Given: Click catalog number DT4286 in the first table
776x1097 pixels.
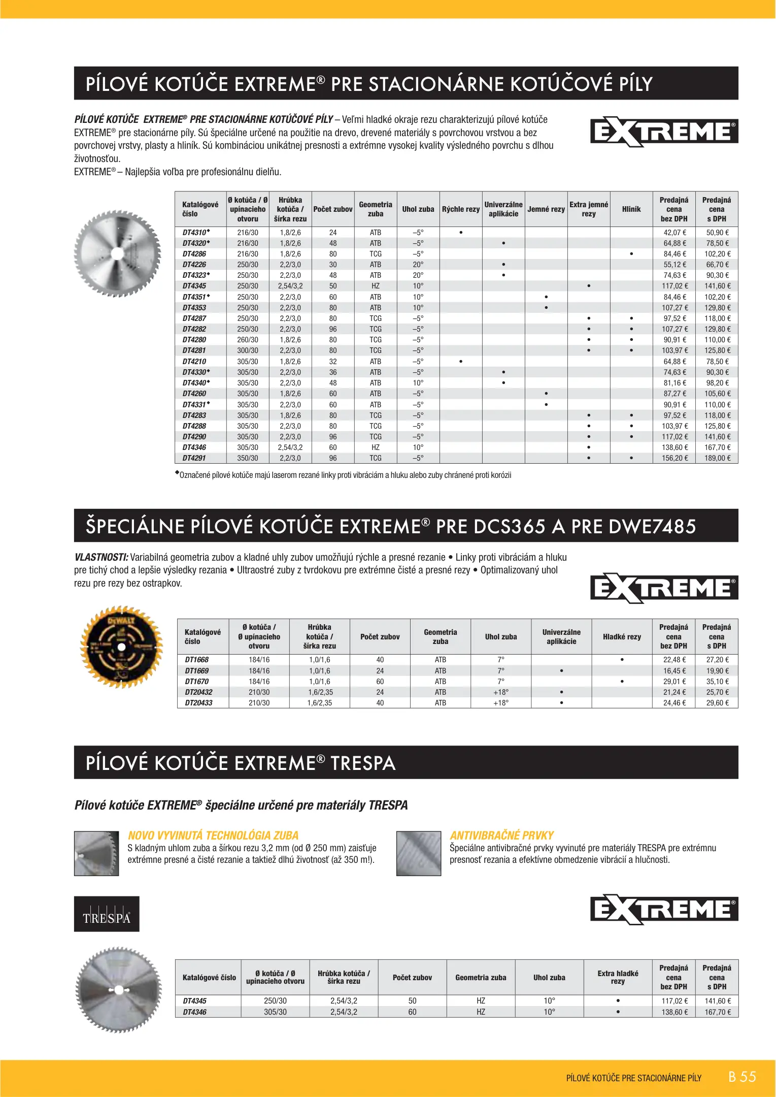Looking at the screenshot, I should click(194, 254).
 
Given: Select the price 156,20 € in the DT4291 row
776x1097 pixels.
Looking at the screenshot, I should click(674, 458).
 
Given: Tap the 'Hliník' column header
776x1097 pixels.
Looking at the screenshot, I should click(631, 209).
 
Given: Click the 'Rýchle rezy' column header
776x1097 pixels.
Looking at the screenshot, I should click(461, 209).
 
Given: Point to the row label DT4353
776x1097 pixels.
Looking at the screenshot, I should click(194, 308).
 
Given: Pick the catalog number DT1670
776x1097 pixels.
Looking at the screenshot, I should click(197, 682).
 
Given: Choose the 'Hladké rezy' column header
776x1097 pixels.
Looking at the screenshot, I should click(622, 637).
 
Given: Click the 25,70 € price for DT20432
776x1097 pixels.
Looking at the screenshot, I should click(717, 692).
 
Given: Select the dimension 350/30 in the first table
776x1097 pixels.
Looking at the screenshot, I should click(248, 458).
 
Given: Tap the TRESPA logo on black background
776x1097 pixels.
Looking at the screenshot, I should click(107, 914).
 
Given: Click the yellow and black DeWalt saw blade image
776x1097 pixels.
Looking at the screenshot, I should click(121, 647).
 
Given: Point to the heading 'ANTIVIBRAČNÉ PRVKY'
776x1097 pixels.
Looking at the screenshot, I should click(501, 835).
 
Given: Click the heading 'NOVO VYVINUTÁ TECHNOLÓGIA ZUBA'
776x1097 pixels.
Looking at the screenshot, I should click(213, 835).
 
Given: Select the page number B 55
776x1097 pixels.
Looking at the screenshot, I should click(742, 1077).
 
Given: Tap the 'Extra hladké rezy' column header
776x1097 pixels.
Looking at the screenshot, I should click(618, 978).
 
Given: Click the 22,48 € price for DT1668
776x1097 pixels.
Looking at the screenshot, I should click(674, 660).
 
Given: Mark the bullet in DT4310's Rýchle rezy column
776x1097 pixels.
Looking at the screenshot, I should click(461, 233).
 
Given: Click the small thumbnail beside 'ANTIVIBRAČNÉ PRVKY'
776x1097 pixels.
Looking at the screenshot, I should click(419, 853).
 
